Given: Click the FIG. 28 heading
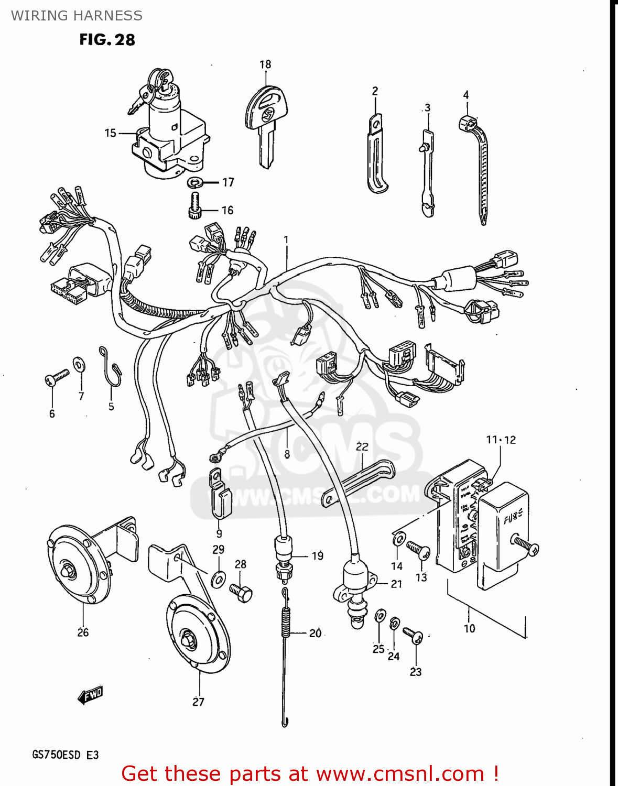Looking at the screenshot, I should click(107, 40).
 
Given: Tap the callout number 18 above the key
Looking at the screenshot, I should click(265, 64).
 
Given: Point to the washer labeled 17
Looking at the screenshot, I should click(196, 183).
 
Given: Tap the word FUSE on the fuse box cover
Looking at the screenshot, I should click(513, 518).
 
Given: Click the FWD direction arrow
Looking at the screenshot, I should click(90, 695).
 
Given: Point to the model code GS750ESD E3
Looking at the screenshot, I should click(66, 755).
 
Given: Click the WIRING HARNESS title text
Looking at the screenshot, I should click(77, 16).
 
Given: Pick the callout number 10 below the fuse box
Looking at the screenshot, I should click(469, 628).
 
